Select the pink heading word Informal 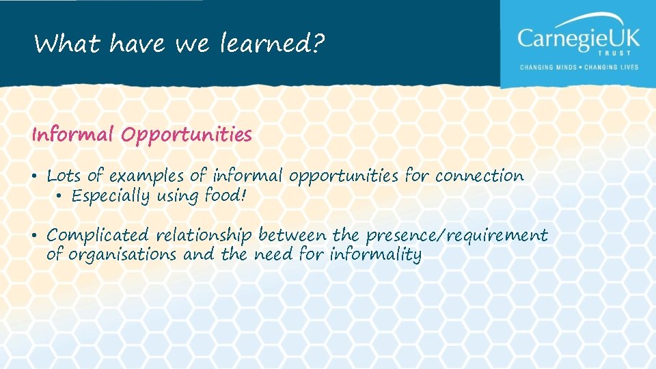pos(72,135)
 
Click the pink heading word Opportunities pos(187,135)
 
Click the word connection pos(479,176)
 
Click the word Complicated pos(97,236)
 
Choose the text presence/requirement pos(456,236)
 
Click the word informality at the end pos(375,255)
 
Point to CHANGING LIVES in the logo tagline pos(612,68)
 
